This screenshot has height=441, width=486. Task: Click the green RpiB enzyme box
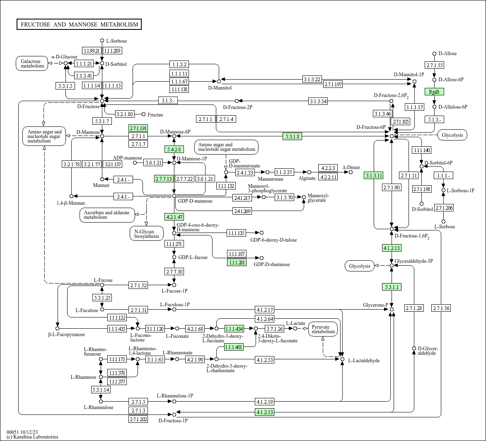[434, 92]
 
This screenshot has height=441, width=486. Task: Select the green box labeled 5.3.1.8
[292, 136]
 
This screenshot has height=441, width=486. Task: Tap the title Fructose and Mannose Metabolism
[79, 24]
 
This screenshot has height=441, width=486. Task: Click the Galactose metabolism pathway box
[32, 63]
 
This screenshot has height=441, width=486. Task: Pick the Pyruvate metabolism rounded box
[323, 329]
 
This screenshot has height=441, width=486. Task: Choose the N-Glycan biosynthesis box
[147, 234]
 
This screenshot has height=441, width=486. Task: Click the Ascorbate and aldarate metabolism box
[107, 215]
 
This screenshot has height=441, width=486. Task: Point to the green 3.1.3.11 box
[374, 176]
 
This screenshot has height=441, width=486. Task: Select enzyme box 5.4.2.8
[174, 150]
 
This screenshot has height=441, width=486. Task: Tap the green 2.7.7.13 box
[164, 179]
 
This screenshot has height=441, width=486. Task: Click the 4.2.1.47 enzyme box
[174, 217]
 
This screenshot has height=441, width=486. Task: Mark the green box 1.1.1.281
[237, 263]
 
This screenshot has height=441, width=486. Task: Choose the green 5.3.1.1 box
[392, 287]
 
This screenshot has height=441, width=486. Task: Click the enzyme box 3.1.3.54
[318, 102]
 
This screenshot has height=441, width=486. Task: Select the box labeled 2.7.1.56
[441, 308]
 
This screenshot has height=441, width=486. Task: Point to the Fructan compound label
[155, 115]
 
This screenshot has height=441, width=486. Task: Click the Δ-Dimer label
[351, 167]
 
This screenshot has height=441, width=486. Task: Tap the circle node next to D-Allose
[434, 53]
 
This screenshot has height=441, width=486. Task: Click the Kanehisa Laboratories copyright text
[32, 437]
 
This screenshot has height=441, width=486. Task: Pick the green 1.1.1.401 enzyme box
[234, 347]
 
